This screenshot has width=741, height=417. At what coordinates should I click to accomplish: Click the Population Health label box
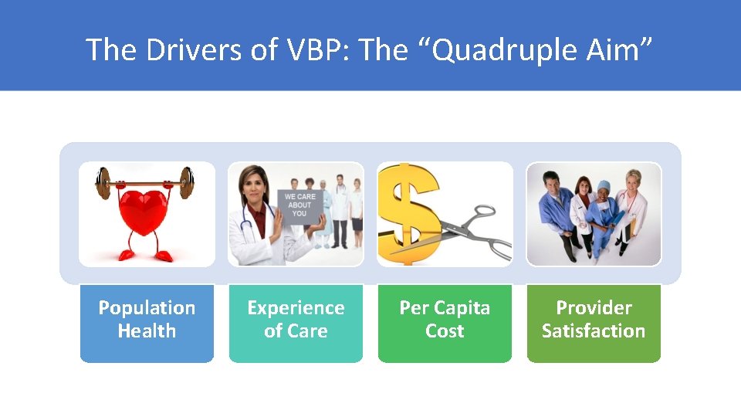click(147, 323)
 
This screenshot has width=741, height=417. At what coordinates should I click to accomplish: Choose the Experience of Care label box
click(296, 323)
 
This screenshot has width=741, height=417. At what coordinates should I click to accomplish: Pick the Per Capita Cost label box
click(445, 323)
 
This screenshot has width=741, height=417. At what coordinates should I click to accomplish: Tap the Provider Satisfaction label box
click(594, 323)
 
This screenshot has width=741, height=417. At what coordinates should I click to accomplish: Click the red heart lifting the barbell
click(147, 213)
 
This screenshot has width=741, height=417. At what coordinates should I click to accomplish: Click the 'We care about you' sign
click(299, 205)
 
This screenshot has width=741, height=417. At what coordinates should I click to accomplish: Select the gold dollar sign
click(411, 213)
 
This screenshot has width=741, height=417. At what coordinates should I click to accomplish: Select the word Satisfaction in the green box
click(594, 331)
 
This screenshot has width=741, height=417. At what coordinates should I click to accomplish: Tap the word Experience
click(296, 308)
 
